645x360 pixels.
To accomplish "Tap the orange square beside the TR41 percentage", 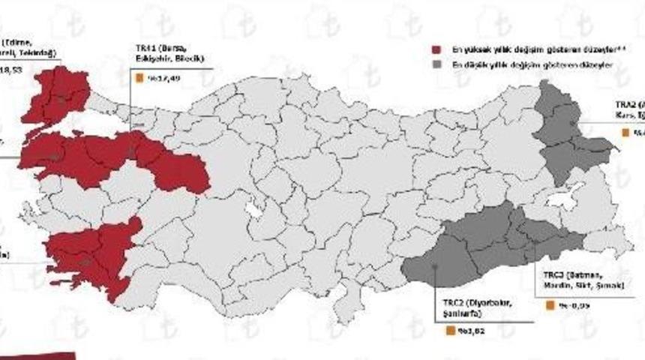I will (139, 76).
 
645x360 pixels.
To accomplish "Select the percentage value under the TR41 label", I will (155, 76).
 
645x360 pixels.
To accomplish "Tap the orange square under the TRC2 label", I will (450, 331).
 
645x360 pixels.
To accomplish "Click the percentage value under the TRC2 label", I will (467, 331).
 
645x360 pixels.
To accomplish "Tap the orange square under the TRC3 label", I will (551, 306).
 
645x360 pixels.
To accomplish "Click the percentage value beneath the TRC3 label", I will (568, 306).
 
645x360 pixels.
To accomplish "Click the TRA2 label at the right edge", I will (628, 112).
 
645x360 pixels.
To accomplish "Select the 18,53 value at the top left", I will (13, 67).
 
